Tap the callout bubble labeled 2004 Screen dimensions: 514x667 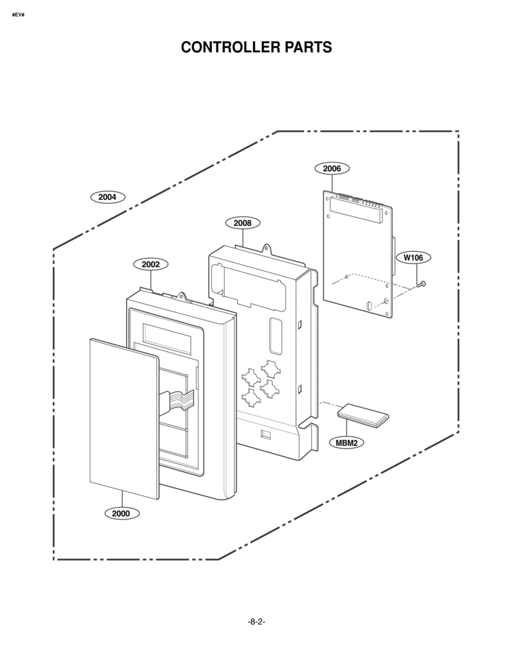(x=108, y=197)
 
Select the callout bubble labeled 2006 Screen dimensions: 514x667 (x=332, y=168)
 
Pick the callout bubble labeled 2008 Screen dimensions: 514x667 (x=243, y=223)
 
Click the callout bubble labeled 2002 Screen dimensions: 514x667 (x=151, y=264)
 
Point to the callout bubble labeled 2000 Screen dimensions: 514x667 (x=121, y=513)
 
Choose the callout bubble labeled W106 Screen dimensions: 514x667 (x=413, y=257)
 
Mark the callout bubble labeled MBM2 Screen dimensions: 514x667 (x=347, y=443)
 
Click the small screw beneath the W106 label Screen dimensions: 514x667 (x=421, y=284)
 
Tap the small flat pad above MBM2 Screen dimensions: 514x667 (x=363, y=414)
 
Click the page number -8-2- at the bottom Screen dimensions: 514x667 (x=256, y=622)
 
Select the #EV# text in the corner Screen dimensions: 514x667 (x=19, y=14)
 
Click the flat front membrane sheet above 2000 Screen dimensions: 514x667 (x=124, y=419)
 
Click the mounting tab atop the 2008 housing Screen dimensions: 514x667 (x=267, y=248)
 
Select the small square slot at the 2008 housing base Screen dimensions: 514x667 (x=265, y=434)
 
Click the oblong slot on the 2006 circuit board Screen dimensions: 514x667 (x=368, y=305)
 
